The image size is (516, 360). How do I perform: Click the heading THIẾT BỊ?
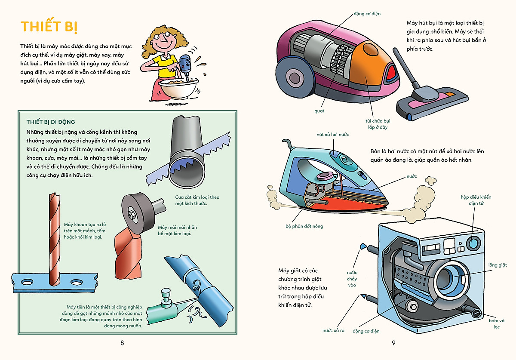coord(49,27)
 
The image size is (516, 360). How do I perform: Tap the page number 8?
coord(122,343)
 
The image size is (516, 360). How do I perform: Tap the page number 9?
coord(393,343)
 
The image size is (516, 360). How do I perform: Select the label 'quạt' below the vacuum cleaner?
coord(319,111)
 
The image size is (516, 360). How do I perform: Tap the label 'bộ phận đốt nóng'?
coord(304,226)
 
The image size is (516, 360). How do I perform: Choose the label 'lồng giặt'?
coord(497,265)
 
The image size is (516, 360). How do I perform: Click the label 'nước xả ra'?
coord(334,330)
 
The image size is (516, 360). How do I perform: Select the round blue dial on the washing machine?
coord(474,243)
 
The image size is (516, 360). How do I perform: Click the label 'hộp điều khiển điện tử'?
coord(476,200)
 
